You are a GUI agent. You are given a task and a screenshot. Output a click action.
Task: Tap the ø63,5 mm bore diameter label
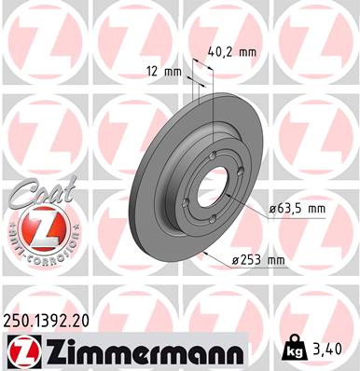coord(298,210)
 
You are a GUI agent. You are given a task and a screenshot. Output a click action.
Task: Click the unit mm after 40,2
coord(245,52)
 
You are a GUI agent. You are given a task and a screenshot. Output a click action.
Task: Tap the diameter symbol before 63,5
coord(274,210)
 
